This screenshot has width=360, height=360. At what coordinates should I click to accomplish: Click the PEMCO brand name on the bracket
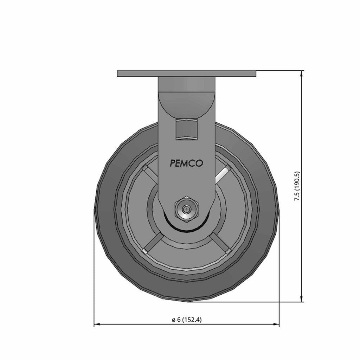(186, 163)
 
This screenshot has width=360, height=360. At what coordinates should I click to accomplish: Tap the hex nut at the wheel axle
(186, 210)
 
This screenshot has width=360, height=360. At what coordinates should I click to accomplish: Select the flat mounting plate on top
(186, 73)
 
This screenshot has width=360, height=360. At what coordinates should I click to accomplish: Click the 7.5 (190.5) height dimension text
(297, 186)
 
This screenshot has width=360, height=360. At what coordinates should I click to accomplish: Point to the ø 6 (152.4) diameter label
(187, 320)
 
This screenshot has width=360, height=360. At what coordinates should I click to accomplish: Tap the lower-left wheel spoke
(152, 244)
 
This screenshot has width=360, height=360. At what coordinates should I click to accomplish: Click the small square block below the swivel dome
(186, 129)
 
